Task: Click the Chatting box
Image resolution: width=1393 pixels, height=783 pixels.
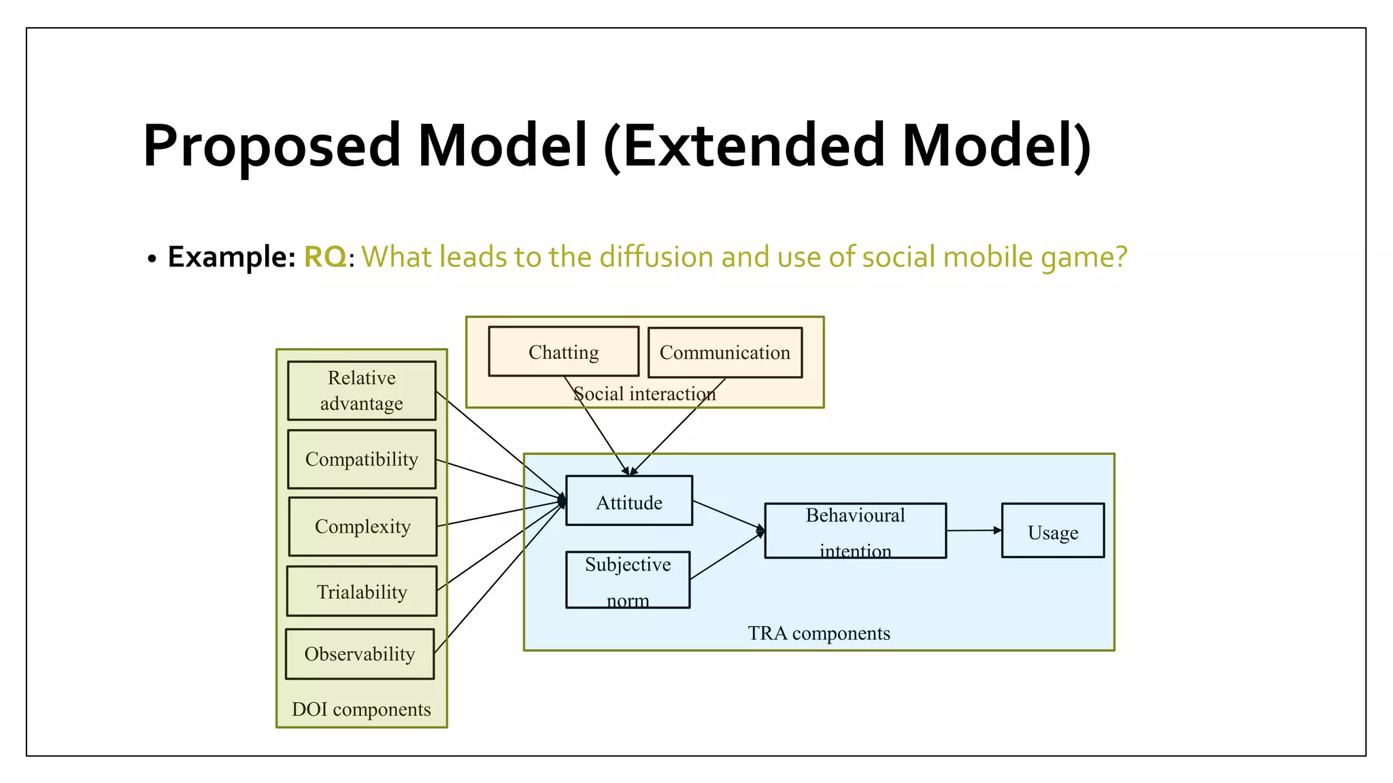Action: (563, 351)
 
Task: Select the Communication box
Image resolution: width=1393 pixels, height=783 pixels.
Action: (725, 353)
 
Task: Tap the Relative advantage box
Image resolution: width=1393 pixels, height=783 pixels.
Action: (361, 391)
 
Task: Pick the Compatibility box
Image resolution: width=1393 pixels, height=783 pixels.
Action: (361, 459)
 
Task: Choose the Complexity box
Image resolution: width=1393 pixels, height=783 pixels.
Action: (363, 526)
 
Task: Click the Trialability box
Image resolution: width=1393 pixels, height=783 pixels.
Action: (361, 591)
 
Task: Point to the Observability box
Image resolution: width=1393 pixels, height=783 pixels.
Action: (359, 654)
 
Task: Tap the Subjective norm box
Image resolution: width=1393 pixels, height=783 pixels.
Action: (627, 580)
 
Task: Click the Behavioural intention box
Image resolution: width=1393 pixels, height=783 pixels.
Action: (855, 531)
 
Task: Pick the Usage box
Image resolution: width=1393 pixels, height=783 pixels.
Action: (1052, 531)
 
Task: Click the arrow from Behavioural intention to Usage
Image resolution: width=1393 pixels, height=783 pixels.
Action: (973, 530)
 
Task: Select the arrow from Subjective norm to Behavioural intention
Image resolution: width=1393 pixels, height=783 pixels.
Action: (726, 556)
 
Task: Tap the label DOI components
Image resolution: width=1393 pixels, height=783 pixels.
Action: (361, 709)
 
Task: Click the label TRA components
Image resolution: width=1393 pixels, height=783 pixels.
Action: (819, 633)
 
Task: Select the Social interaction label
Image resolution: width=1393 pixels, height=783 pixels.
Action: (644, 394)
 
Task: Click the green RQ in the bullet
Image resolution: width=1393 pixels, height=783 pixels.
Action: (325, 257)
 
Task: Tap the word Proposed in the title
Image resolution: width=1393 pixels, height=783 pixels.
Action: (272, 145)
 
